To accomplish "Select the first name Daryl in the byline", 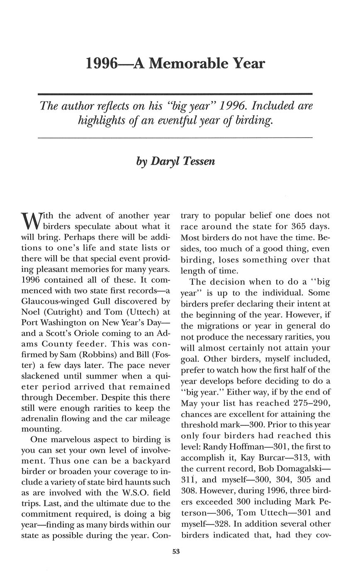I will click(164, 161).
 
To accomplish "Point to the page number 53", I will click(175, 551).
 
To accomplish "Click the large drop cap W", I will click(29, 221).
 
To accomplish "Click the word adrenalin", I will click(42, 419).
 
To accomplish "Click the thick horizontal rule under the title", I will click(175, 94).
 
